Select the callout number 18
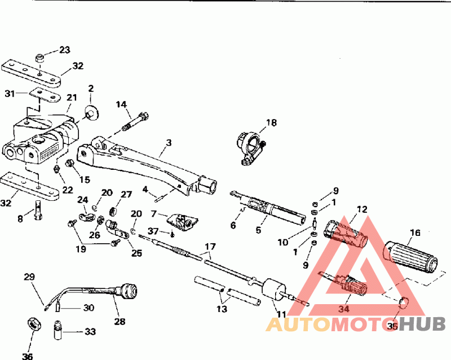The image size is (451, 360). (x=272, y=122)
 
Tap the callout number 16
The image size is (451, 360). (x=415, y=232)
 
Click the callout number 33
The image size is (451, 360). (x=90, y=332)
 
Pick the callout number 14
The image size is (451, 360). (x=122, y=104)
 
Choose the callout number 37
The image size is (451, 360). (x=153, y=231)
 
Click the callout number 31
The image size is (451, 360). (x=8, y=93)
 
